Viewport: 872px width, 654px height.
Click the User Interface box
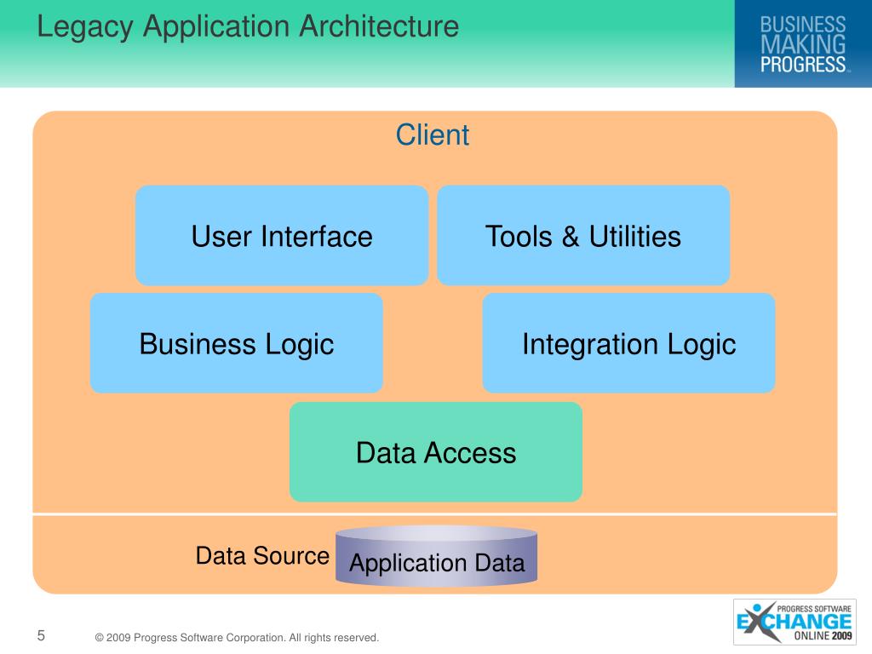(x=281, y=235)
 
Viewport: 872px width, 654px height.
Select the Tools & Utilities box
(x=583, y=235)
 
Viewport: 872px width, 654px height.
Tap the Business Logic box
(x=236, y=343)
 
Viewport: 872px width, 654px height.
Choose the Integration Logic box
(x=628, y=343)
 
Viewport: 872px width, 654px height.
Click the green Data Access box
(x=436, y=452)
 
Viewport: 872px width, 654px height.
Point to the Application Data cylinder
(x=437, y=557)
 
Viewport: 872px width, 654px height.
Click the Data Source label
(x=262, y=556)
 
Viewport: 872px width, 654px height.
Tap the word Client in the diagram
(x=433, y=135)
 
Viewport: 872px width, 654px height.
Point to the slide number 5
(x=41, y=635)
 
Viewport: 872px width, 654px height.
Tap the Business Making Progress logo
(x=803, y=43)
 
